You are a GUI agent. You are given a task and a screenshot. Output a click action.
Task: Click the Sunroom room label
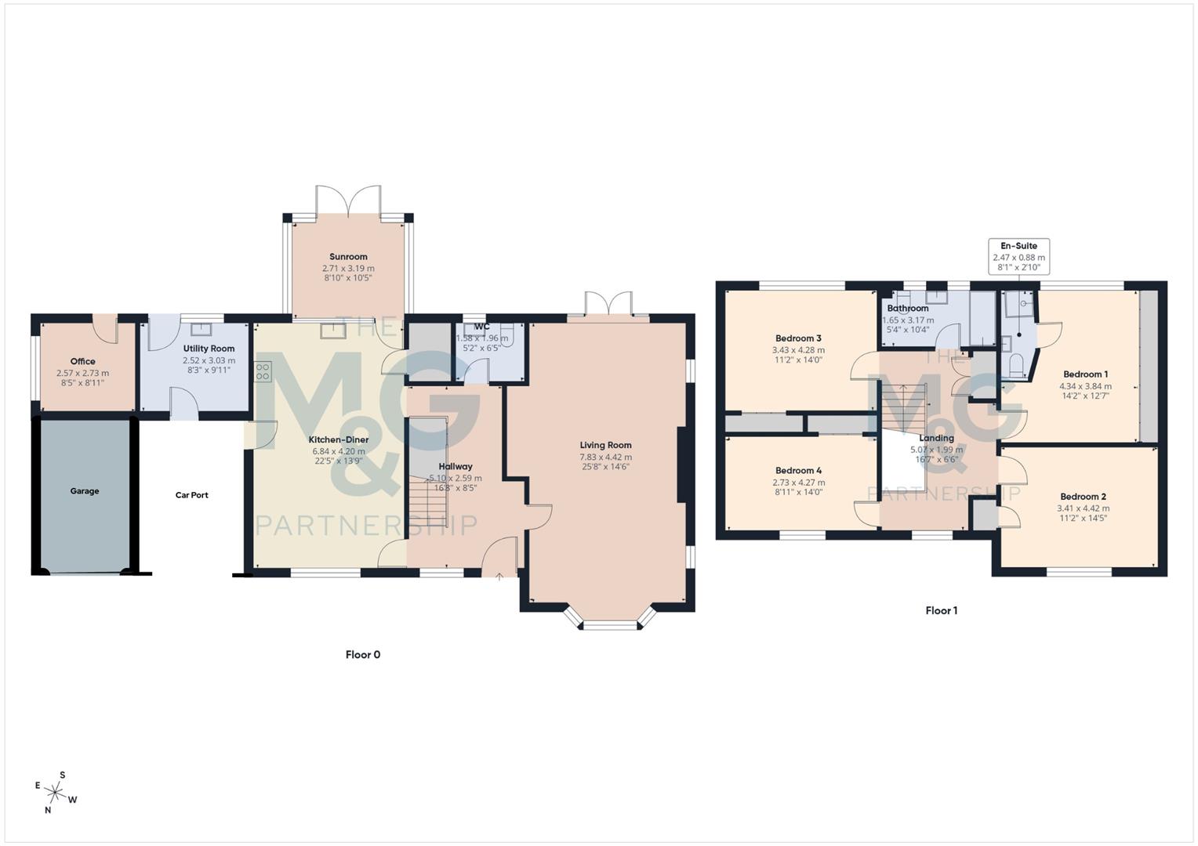(x=348, y=257)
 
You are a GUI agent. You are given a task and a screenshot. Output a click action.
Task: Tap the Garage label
(x=85, y=491)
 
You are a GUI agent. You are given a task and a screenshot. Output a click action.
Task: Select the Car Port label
(x=191, y=495)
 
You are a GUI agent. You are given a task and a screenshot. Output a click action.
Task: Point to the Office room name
(x=82, y=362)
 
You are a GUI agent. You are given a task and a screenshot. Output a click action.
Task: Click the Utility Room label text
(x=209, y=349)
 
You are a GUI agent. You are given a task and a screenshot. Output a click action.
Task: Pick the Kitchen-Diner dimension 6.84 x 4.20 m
(x=339, y=451)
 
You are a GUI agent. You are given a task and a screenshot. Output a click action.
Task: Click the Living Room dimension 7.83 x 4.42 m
(x=605, y=457)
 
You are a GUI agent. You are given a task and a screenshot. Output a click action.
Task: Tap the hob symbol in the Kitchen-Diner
(x=263, y=371)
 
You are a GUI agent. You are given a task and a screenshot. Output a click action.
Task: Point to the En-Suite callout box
(x=1018, y=256)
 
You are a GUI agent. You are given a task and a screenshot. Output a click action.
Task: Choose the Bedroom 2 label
(x=1083, y=497)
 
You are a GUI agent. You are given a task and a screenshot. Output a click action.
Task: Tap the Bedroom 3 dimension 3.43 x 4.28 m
(x=798, y=350)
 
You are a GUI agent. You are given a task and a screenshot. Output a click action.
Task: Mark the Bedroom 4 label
(x=798, y=471)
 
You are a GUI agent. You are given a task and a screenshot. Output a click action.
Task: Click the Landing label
(x=936, y=439)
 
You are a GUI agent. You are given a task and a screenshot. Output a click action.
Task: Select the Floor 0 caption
(x=363, y=655)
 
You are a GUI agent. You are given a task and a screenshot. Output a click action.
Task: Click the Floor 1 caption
(x=941, y=610)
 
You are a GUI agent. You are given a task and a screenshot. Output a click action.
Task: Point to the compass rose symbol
(x=56, y=792)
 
